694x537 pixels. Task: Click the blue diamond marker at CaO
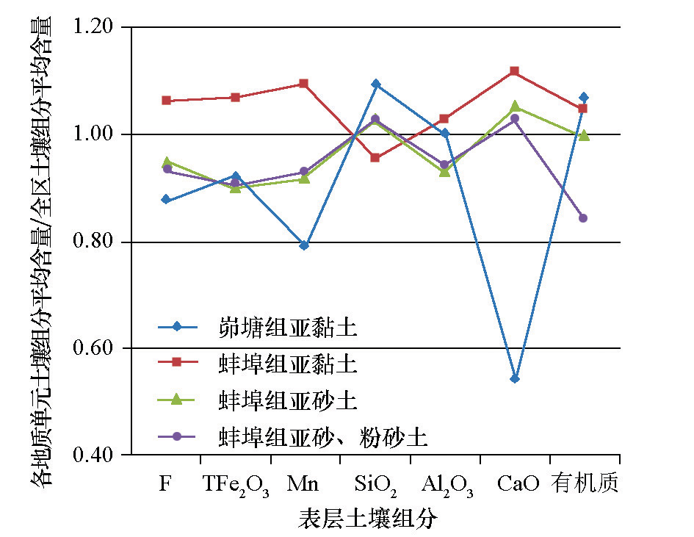(x=515, y=378)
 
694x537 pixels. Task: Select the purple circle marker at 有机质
(x=583, y=218)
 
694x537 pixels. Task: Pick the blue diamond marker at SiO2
(x=375, y=84)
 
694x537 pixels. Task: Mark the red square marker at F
(x=167, y=101)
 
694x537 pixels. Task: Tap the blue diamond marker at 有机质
(x=584, y=97)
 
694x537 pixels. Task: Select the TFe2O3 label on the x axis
(x=235, y=486)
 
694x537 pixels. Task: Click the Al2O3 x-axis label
(x=447, y=486)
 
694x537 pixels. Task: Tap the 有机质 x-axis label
(x=585, y=483)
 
